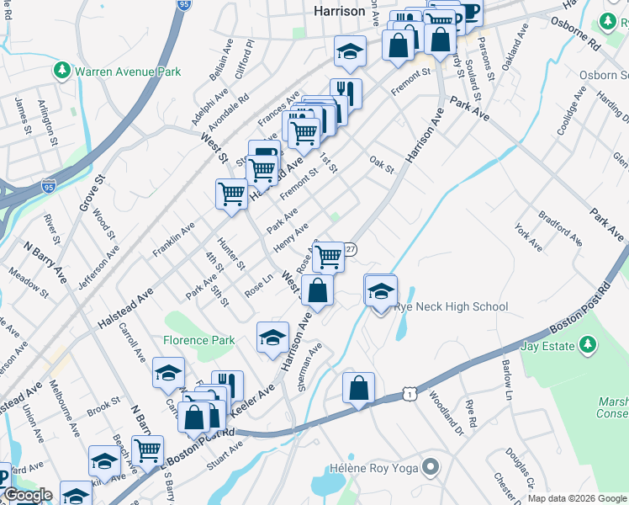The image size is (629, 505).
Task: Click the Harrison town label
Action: click(339, 11)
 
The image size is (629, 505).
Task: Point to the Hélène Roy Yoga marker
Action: click(431, 467)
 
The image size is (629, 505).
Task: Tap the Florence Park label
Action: click(200, 341)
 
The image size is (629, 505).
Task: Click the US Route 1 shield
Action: click(409, 394)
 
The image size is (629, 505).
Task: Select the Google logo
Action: click(27, 495)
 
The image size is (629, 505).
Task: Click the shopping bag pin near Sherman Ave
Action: click(358, 388)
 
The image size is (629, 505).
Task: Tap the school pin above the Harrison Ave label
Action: click(272, 338)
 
